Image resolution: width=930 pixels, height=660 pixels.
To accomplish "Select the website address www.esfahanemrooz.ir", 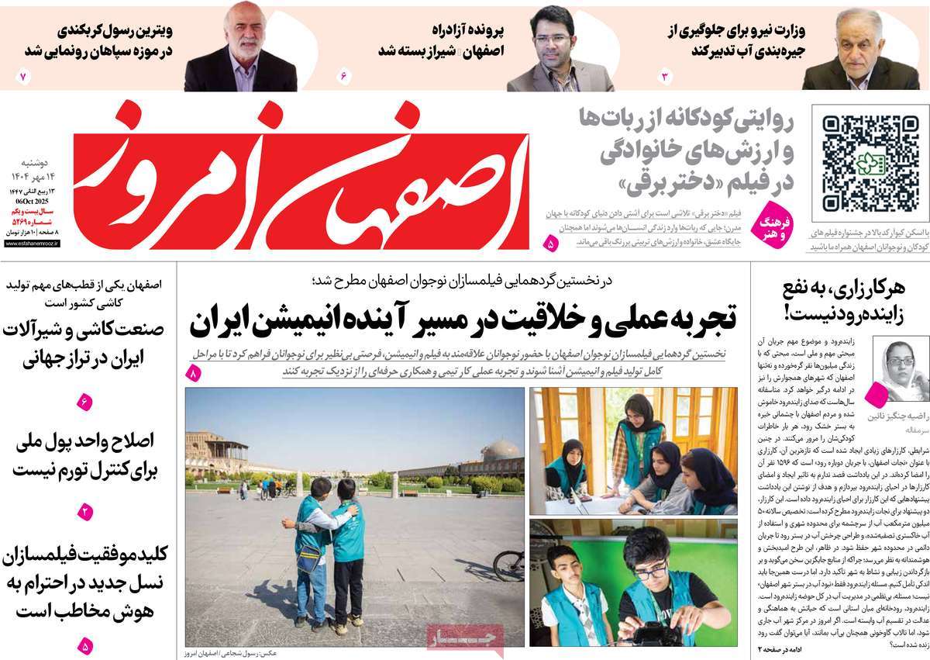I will (36, 243).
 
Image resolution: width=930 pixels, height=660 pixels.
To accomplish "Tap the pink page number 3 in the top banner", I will (664, 76).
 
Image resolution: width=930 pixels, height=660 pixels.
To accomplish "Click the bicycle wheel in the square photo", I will (509, 565).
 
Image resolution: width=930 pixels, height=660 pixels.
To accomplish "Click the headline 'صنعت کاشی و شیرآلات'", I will (84, 340).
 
